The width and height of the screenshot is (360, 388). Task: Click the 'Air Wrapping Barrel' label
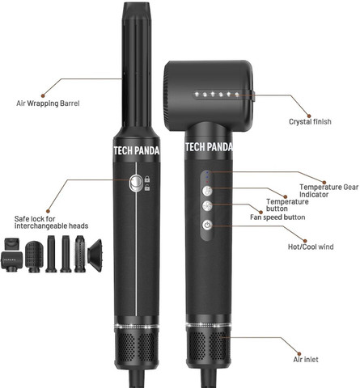click(48, 103)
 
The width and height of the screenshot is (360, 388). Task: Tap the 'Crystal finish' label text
click(310, 122)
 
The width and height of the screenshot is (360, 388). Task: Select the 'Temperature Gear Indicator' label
click(328, 191)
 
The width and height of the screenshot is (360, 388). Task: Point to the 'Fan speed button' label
click(277, 217)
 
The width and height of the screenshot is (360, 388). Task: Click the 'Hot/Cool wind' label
click(311, 247)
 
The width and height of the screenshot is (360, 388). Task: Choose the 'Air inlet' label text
click(306, 360)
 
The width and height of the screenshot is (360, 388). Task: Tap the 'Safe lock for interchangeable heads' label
click(51, 222)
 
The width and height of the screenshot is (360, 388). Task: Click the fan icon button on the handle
click(207, 206)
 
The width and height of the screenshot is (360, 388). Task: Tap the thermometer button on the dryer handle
click(207, 191)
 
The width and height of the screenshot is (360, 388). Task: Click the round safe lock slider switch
click(136, 183)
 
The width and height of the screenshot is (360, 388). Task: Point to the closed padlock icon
click(147, 179)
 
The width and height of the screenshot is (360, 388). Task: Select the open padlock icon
click(147, 188)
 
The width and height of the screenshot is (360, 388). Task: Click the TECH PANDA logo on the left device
click(137, 150)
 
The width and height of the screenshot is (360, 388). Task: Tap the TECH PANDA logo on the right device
click(209, 147)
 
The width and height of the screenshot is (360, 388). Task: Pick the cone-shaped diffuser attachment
click(95, 255)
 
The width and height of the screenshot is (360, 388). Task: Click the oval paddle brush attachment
click(34, 256)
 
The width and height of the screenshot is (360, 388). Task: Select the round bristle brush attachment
click(80, 254)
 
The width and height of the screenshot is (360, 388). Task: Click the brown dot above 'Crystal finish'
click(309, 116)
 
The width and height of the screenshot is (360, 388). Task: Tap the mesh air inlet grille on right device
click(208, 346)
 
